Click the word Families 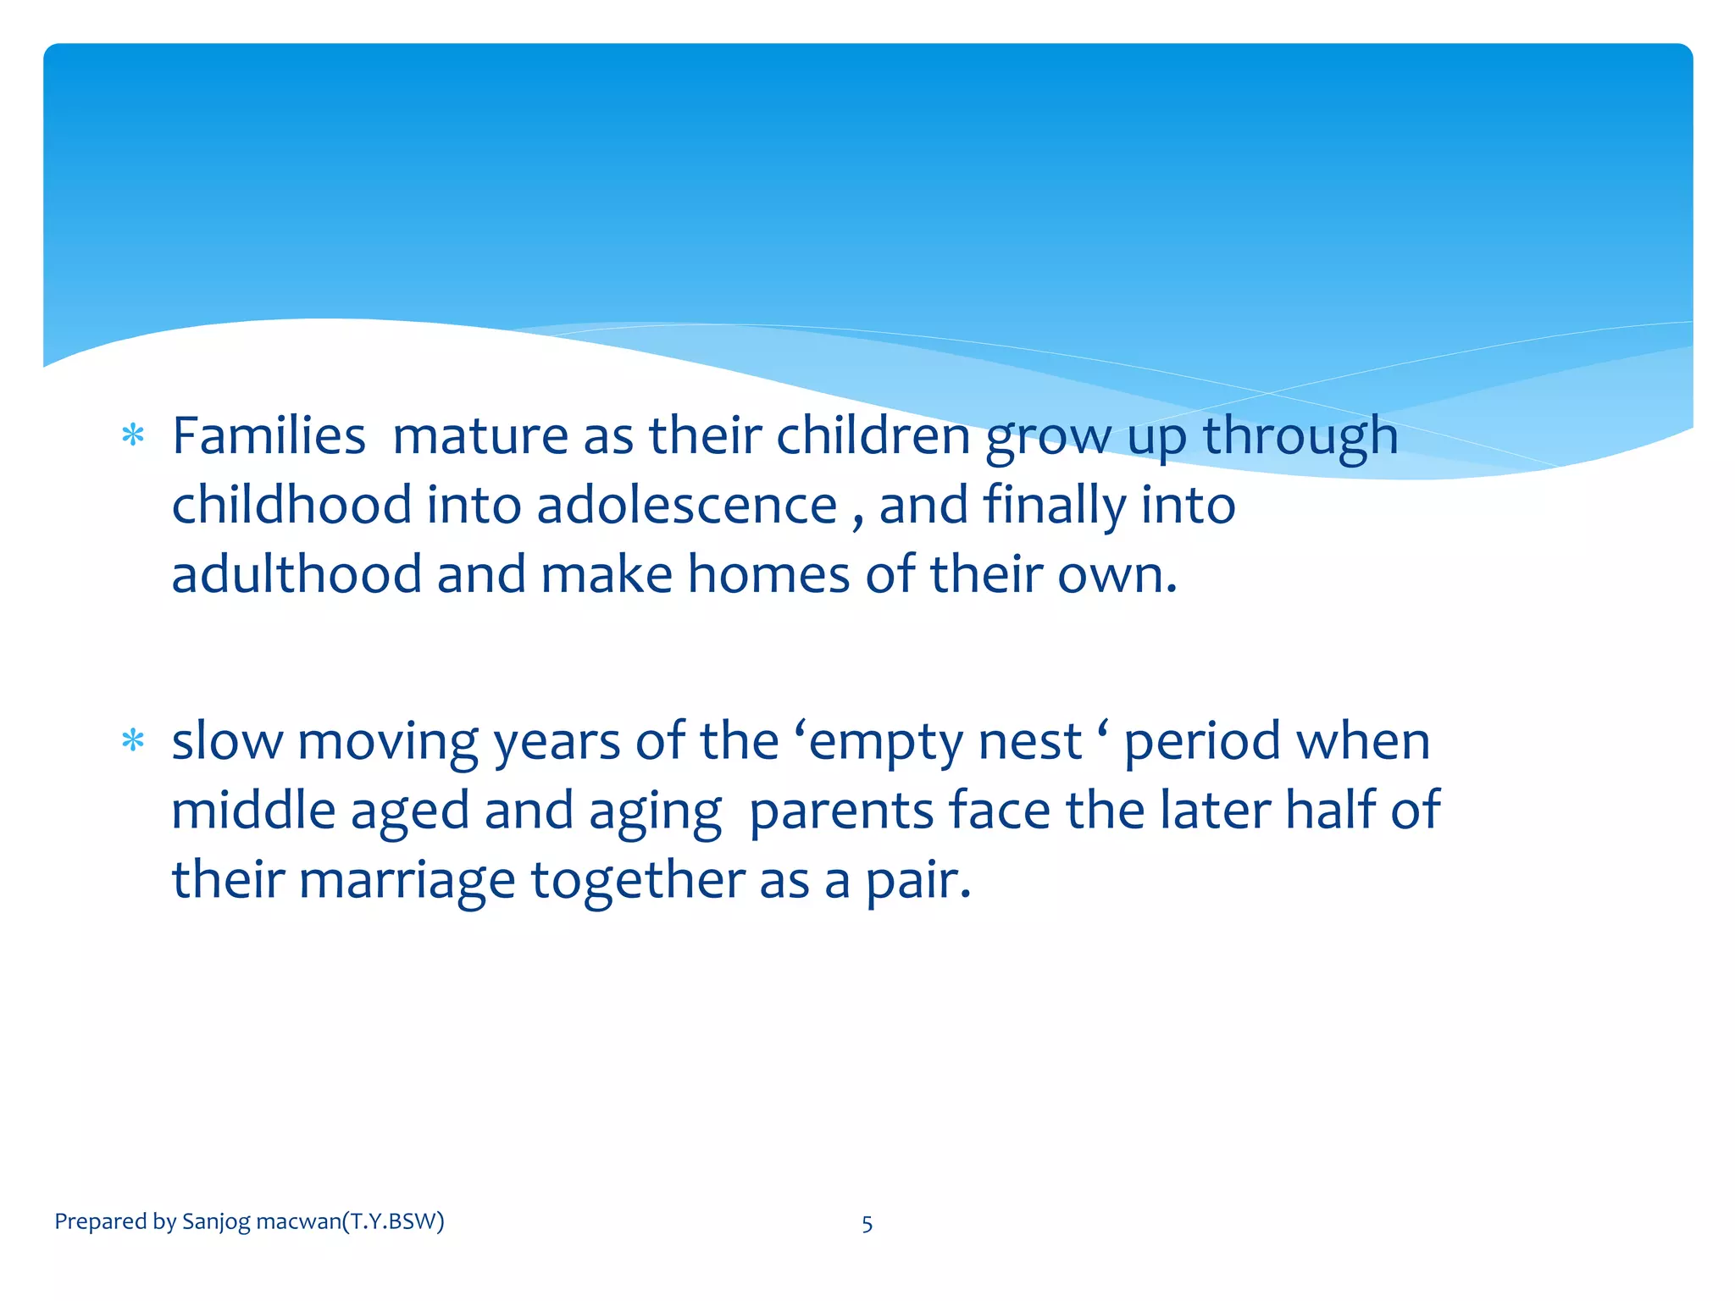click(x=269, y=436)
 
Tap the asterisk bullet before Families click(x=133, y=436)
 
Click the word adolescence click(x=687, y=506)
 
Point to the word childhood click(x=291, y=506)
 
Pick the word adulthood click(x=297, y=575)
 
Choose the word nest click(x=1030, y=742)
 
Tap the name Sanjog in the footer click(x=216, y=1222)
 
